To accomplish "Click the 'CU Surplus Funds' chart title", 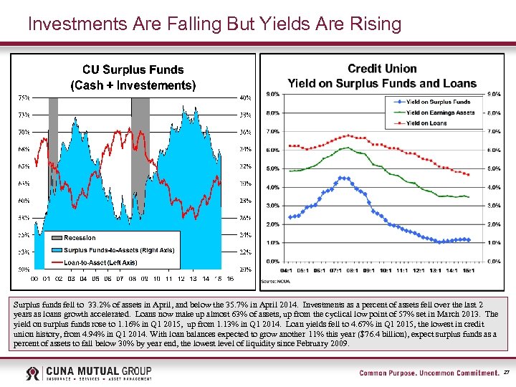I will [x=133, y=70].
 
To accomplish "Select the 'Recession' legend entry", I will [x=79, y=237].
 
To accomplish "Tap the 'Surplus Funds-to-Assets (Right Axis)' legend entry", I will [x=118, y=250].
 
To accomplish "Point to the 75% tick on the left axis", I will [x=24, y=97].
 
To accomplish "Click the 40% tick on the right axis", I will [x=245, y=97].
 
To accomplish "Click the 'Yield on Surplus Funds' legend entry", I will [x=438, y=102].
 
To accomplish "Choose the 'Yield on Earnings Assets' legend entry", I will [x=440, y=113].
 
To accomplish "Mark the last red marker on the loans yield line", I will [x=468, y=175].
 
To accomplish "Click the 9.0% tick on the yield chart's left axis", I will [x=273, y=95].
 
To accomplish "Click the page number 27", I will [x=506, y=373].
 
